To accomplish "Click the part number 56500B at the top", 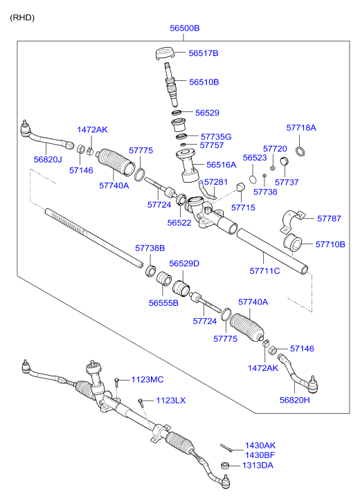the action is point(184,28).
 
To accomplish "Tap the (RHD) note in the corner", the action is point(22,18).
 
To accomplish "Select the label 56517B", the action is point(204,53).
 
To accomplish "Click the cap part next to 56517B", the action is point(165,53).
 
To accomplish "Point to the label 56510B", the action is point(204,82).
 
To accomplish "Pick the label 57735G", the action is point(216,137).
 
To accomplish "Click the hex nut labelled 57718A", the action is point(299,151).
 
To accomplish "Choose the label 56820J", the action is point(48,159).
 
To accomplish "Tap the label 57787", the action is point(329,219).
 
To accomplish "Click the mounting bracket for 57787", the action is point(291,221).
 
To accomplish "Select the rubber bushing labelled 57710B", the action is point(292,242).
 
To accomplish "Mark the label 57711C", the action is point(264,271).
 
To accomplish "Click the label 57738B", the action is point(150,248).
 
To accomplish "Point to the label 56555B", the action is point(163,303).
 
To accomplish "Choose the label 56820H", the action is point(294,400).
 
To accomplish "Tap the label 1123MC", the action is point(147,380).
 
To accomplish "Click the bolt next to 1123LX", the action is point(141,402).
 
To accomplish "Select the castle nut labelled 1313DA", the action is point(225,466).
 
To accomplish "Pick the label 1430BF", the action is point(260,455).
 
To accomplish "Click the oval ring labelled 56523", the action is point(253,179).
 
